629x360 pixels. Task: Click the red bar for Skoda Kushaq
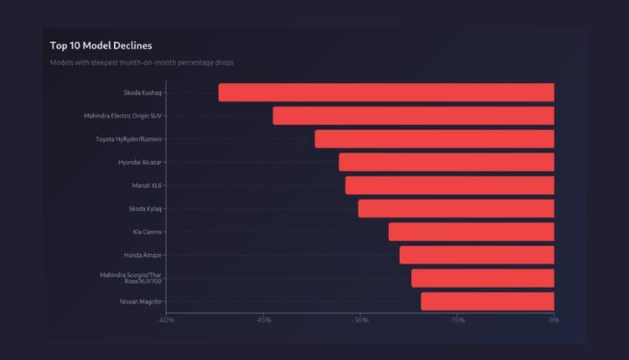click(386, 92)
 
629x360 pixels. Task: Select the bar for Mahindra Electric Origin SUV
click(413, 116)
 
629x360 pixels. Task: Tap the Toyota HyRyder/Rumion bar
click(434, 139)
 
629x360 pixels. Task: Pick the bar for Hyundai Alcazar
click(446, 162)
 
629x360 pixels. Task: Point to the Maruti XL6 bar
click(450, 185)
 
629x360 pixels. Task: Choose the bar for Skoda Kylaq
click(456, 209)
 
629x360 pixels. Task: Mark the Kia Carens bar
click(471, 232)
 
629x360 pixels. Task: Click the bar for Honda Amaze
click(476, 255)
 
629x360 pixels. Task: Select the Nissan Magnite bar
click(487, 301)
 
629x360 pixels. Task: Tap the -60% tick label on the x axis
click(166, 321)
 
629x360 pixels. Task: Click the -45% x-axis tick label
click(263, 321)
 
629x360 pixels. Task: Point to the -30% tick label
click(360, 321)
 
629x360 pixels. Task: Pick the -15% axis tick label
click(457, 321)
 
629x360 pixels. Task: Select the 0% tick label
click(554, 321)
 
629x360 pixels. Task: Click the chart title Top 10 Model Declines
click(101, 45)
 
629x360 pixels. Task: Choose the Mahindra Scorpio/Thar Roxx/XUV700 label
click(131, 278)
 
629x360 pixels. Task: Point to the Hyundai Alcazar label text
click(140, 162)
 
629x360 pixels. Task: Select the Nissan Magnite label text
click(141, 301)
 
